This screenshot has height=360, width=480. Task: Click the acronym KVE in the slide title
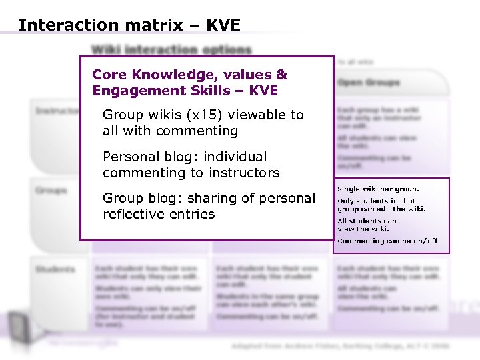click(223, 25)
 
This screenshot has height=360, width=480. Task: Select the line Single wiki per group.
click(379, 189)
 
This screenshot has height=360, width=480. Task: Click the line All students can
click(367, 221)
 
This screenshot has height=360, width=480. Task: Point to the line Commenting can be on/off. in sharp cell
click(389, 241)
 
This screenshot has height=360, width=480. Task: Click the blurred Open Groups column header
click(369, 83)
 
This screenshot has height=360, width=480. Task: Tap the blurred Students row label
click(56, 269)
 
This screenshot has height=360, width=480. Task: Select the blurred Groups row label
click(52, 191)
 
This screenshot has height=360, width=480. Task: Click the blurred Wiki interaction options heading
click(171, 49)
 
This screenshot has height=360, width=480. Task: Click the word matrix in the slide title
click(147, 25)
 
